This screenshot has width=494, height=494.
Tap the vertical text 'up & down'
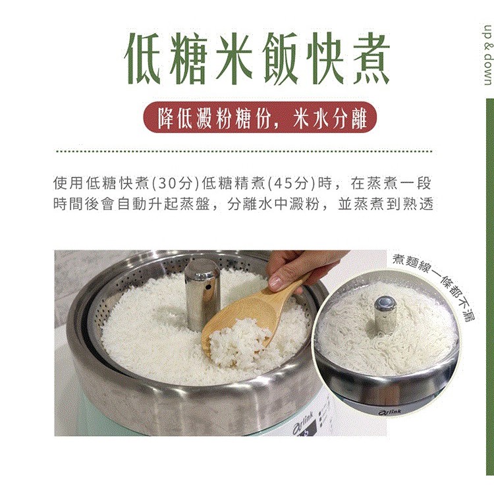pyautogui.click(x=487, y=55)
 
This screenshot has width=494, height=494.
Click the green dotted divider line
pyautogui.click(x=244, y=151)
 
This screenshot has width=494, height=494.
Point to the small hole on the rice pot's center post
pyautogui.click(x=209, y=288)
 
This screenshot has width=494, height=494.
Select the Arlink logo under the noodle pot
pyautogui.click(x=390, y=412)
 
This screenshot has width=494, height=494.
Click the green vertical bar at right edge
pyautogui.click(x=490, y=287)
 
